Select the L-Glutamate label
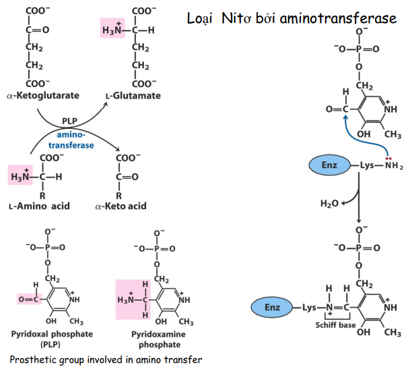(133, 96)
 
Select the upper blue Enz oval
(330, 164)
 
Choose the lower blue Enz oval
(272, 308)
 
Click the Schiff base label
(335, 324)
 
